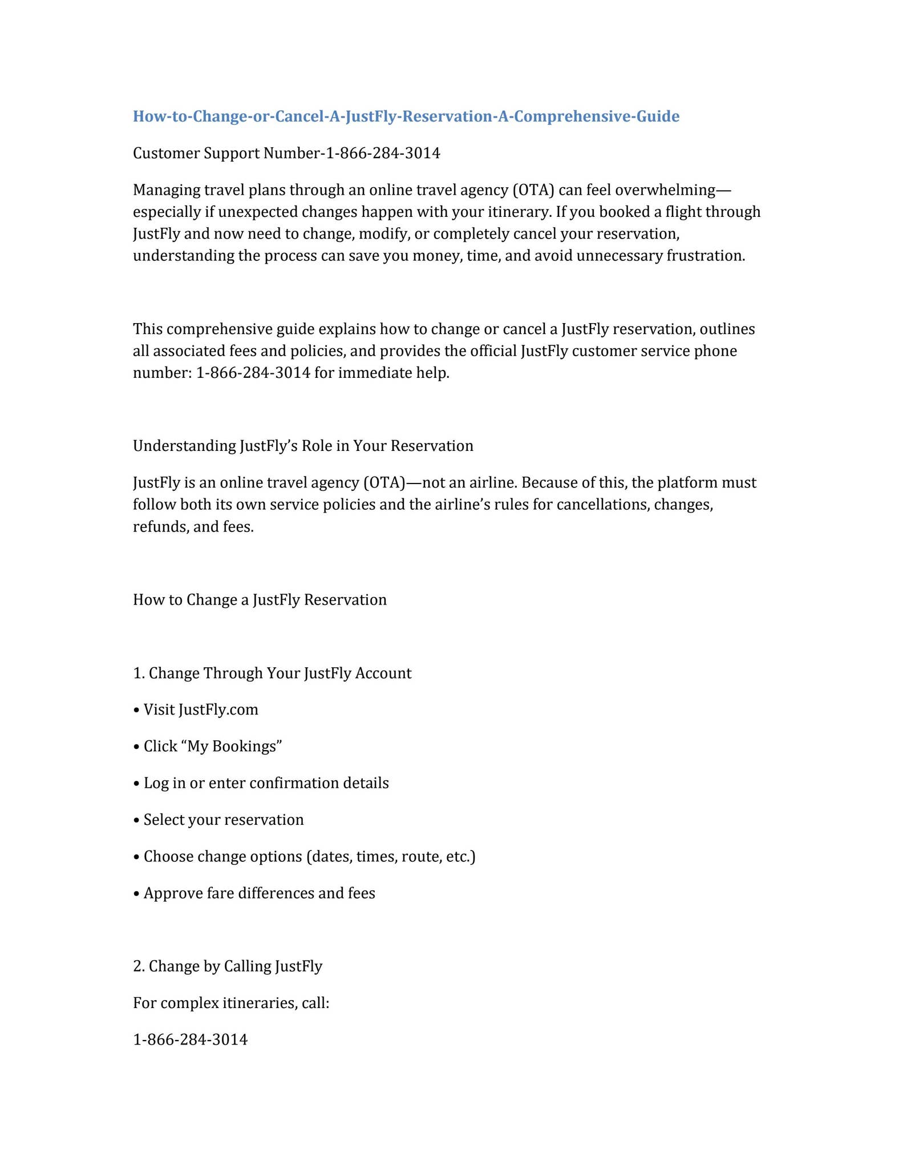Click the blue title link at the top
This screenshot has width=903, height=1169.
tap(406, 116)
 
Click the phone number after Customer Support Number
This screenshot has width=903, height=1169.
tap(382, 153)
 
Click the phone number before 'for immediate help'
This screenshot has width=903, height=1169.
tap(253, 373)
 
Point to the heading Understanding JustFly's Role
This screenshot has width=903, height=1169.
tap(303, 446)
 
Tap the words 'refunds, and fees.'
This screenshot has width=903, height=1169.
tap(193, 526)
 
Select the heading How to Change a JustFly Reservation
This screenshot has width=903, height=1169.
tap(260, 599)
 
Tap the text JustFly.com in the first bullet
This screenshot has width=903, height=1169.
tap(218, 710)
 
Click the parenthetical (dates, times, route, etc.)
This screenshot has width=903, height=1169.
tap(390, 856)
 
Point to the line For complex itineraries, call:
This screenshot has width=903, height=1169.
tap(231, 1003)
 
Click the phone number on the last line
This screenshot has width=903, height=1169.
tap(190, 1039)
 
